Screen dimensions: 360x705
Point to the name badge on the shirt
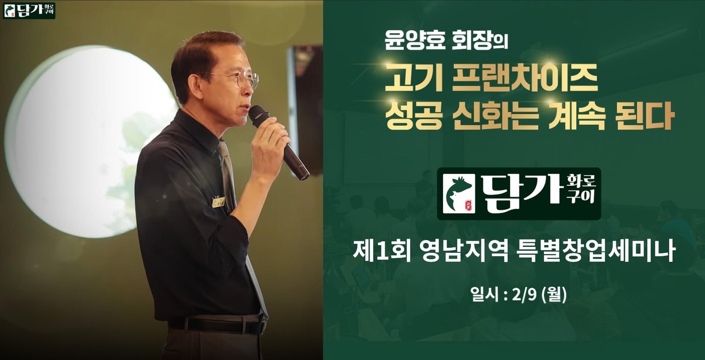tap(219, 202)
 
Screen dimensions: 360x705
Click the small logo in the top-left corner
tap(29, 11)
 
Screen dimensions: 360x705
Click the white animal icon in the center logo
tap(459, 193)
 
